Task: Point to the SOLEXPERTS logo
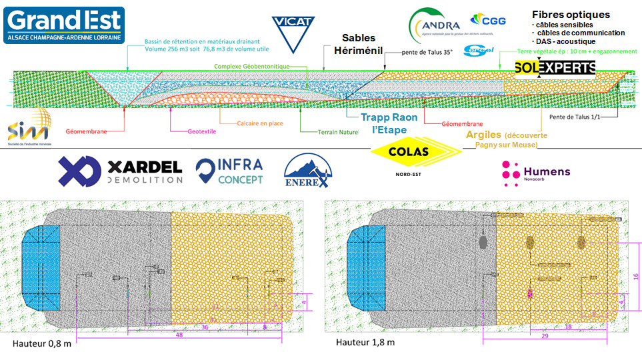click(x=555, y=67)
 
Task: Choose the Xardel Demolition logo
click(x=120, y=171)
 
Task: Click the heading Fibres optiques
click(x=571, y=14)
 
